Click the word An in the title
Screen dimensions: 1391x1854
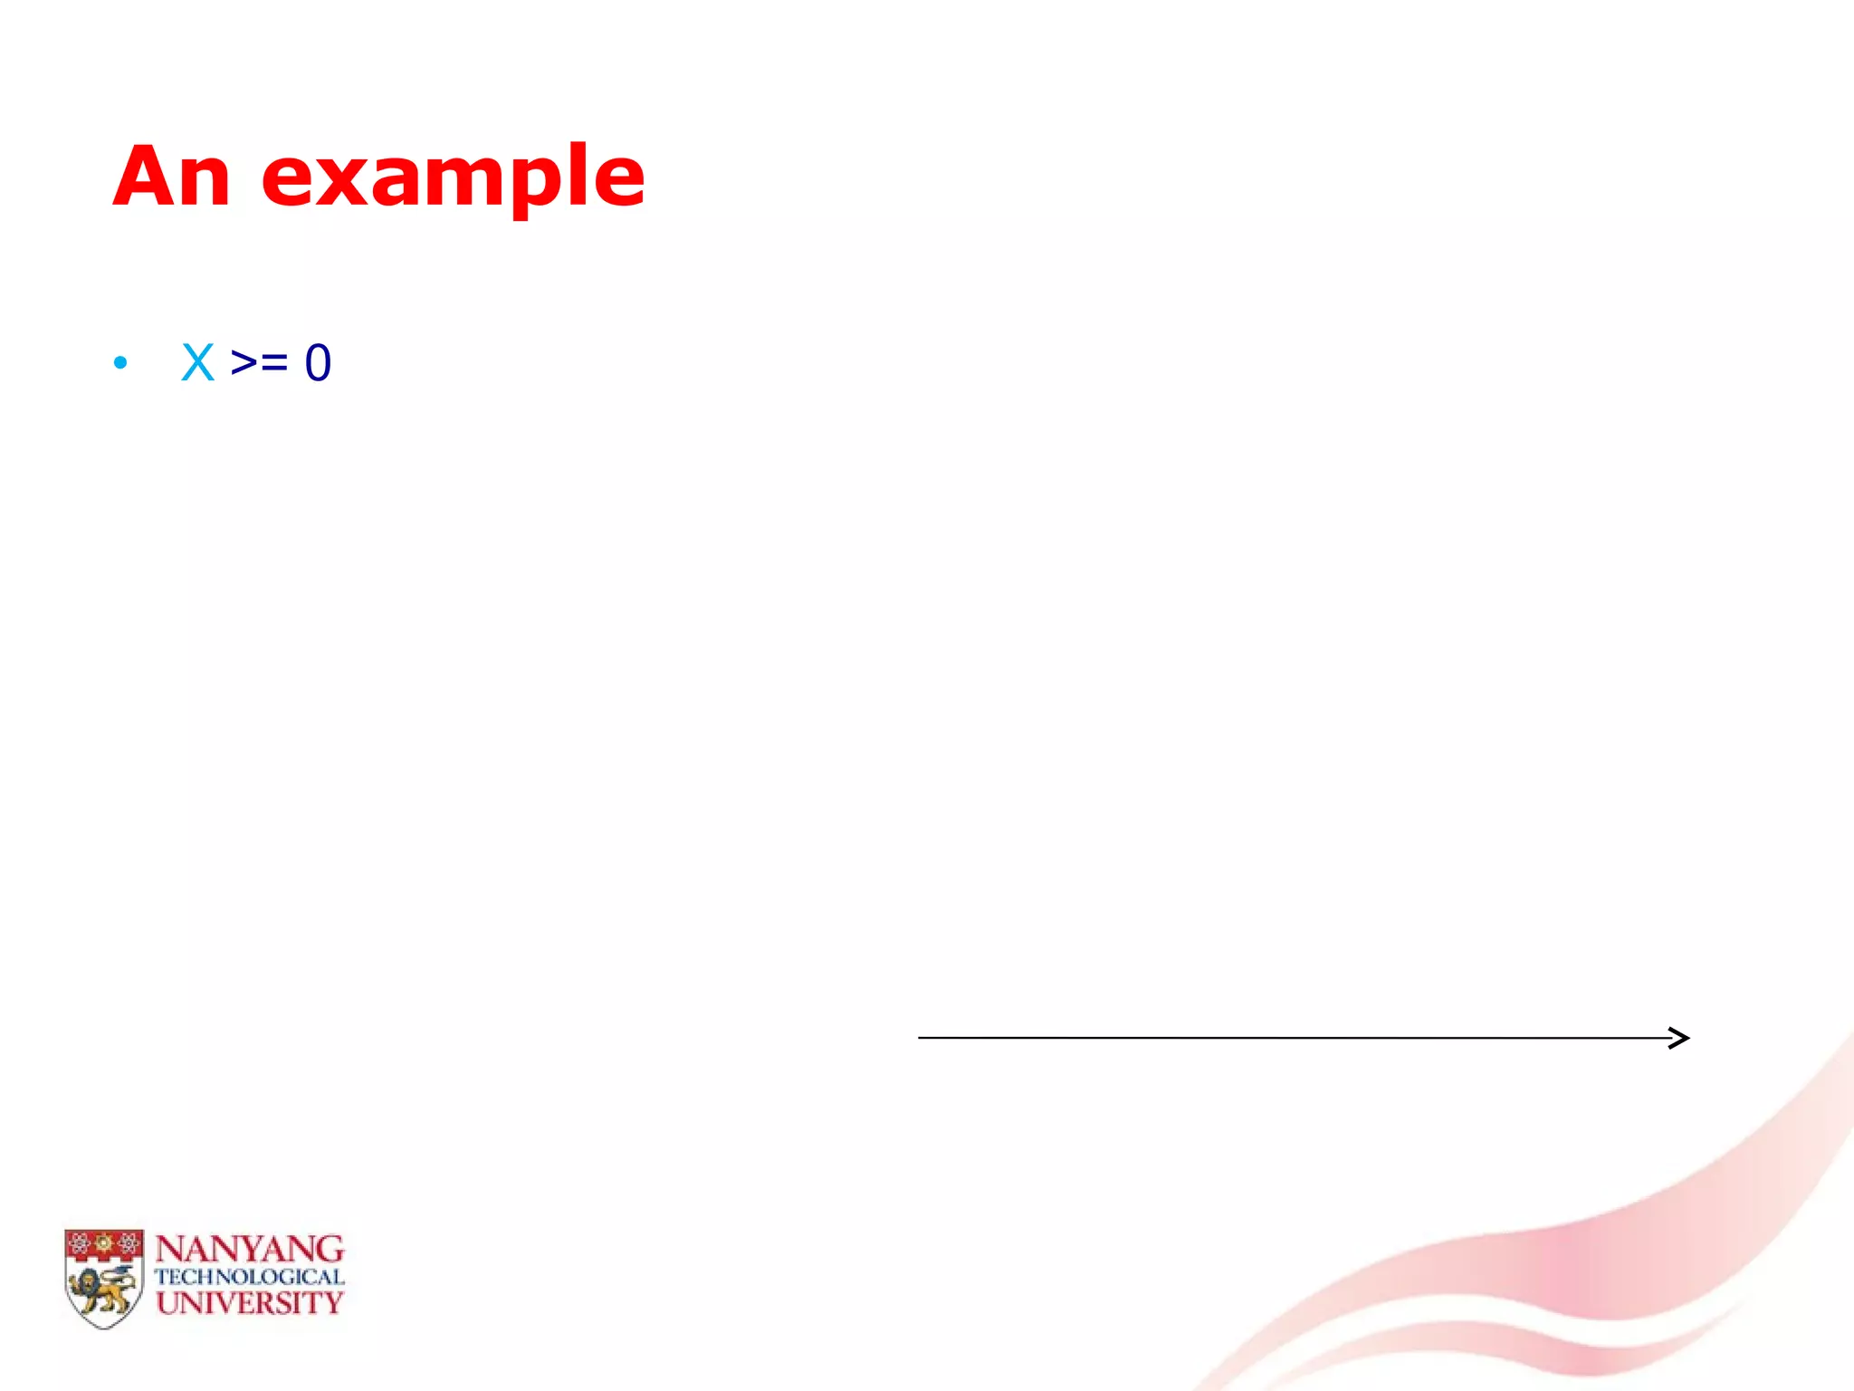point(172,176)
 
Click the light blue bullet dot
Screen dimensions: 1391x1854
point(120,364)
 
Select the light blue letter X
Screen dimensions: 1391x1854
point(197,363)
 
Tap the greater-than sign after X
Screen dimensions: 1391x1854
point(244,363)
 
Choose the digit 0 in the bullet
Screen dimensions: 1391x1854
point(318,363)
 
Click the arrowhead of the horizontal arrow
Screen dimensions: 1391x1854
point(1680,1038)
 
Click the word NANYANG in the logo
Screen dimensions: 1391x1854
point(249,1250)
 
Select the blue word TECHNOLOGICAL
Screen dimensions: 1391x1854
point(249,1277)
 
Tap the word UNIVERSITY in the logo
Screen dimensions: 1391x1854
point(249,1303)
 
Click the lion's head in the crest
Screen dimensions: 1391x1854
point(89,1283)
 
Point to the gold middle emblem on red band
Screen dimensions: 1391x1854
point(104,1242)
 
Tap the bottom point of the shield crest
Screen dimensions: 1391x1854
point(104,1327)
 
